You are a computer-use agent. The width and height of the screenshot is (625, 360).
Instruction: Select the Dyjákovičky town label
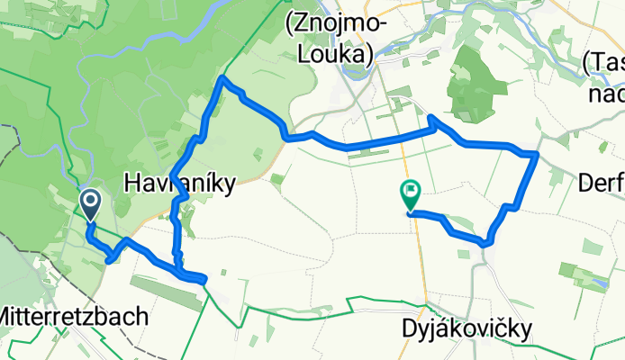pos(467,328)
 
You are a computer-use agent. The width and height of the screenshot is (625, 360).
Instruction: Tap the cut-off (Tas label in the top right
pos(604,63)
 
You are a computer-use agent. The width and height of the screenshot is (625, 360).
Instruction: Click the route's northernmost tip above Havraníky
pos(223,81)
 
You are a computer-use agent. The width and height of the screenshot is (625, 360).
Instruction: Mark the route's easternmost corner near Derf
pos(537,155)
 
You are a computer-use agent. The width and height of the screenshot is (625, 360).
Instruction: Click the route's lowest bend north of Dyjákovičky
pos(486,242)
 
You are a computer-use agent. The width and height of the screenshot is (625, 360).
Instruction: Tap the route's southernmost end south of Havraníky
pos(205,280)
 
